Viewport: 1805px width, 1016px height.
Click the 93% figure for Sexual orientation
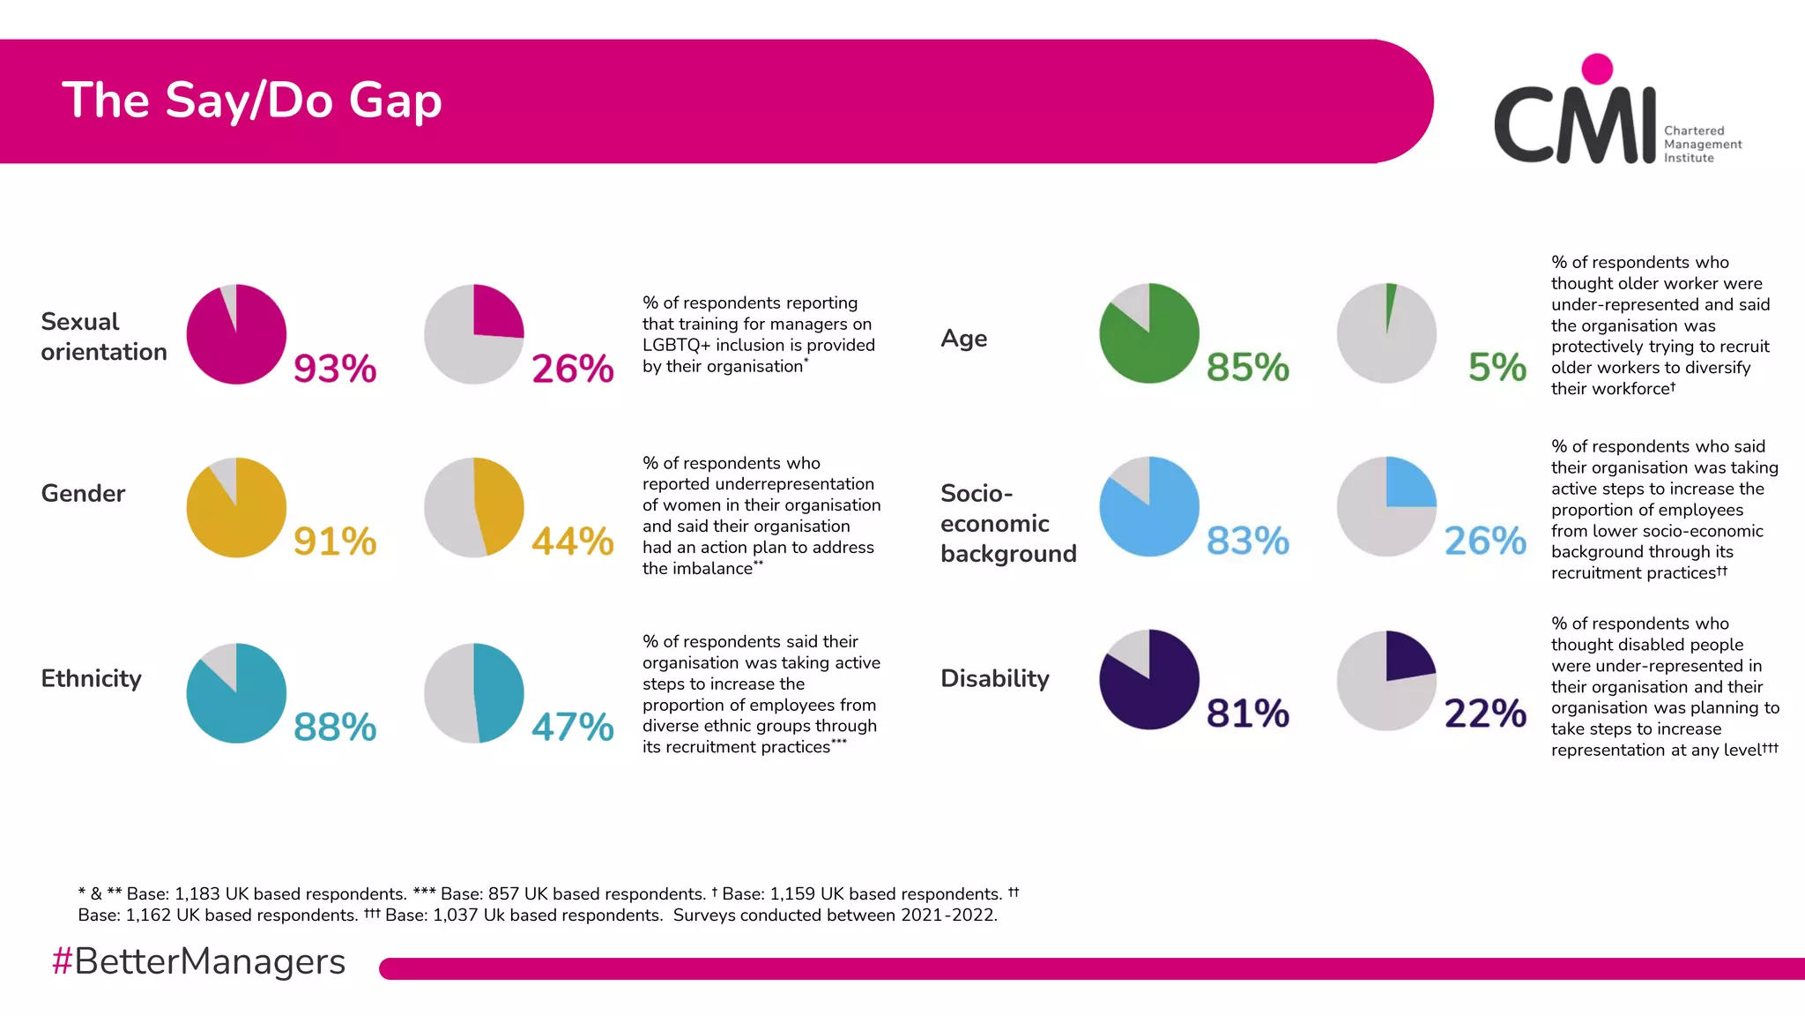click(x=335, y=369)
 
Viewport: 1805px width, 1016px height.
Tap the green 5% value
click(x=1497, y=367)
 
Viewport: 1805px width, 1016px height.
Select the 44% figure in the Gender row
click(x=572, y=542)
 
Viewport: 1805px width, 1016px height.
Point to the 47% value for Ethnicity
click(x=572, y=728)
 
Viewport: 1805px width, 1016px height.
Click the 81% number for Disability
click(x=1247, y=713)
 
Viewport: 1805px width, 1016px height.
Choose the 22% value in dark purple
click(x=1485, y=713)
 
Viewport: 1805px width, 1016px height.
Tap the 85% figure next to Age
click(x=1247, y=367)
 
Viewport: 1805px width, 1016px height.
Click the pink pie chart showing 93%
click(x=236, y=334)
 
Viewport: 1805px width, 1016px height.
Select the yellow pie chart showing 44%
click(x=474, y=507)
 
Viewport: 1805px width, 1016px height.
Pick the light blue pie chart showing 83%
click(x=1149, y=506)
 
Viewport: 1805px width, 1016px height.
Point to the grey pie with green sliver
click(x=1386, y=333)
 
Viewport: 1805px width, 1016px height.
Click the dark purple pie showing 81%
click(x=1149, y=679)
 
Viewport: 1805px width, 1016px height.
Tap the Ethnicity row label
click(x=91, y=678)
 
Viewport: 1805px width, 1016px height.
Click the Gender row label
click(x=83, y=493)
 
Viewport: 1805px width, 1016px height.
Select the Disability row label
click(x=994, y=678)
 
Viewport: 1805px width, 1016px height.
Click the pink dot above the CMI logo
click(x=1597, y=69)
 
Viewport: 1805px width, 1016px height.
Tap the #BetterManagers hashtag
click(x=198, y=961)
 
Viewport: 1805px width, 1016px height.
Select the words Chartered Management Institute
click(x=1701, y=144)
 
